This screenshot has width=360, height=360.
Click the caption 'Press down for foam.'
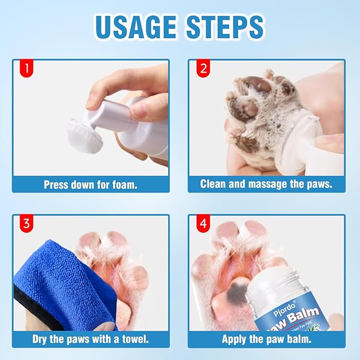coord(91,185)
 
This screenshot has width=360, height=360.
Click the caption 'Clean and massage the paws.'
coord(267,184)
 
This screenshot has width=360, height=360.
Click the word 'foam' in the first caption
coord(125,185)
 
